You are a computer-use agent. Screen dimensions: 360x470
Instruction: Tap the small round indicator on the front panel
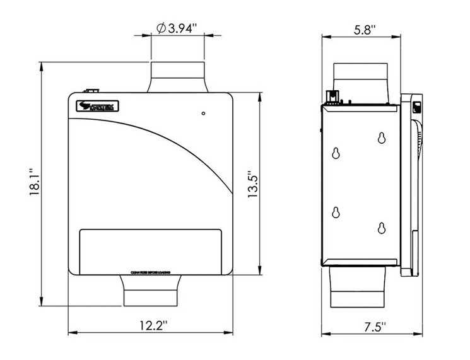point(203,114)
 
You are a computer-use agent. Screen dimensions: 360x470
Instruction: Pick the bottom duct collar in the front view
point(151,291)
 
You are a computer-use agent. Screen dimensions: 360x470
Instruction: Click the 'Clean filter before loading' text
point(151,273)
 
